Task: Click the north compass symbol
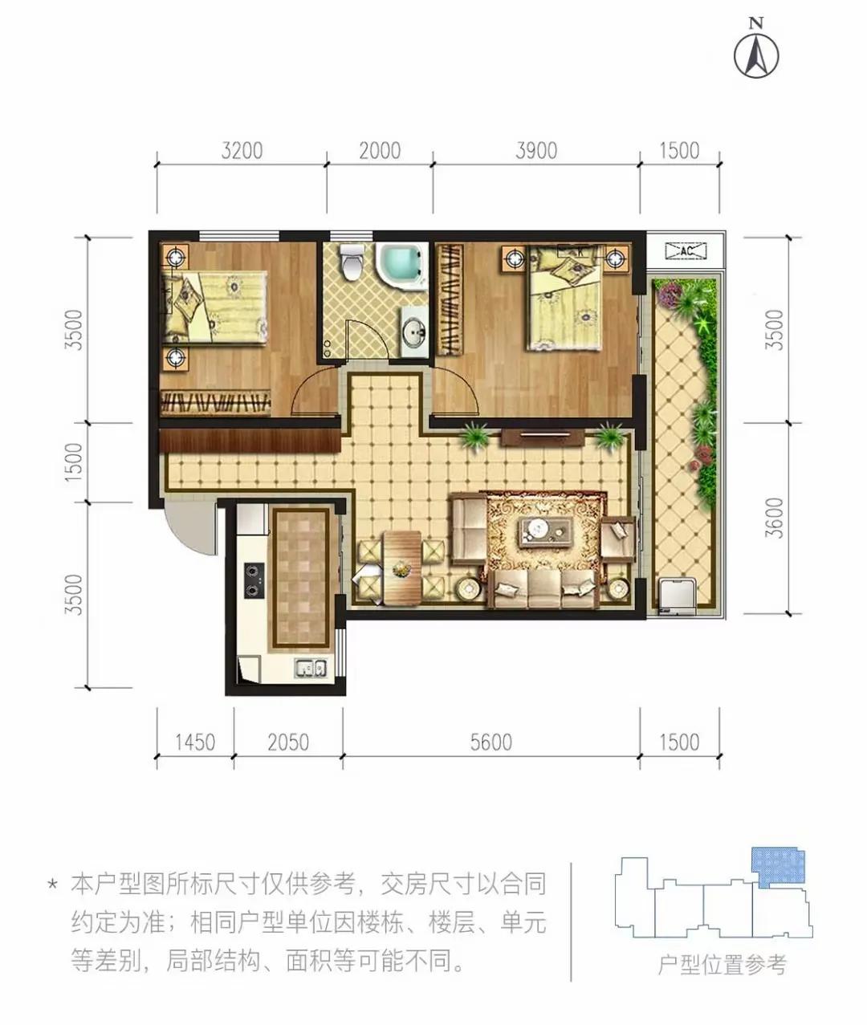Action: pos(756,55)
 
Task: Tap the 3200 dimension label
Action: pos(242,151)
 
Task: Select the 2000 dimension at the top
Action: pos(379,151)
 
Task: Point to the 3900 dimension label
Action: pos(535,151)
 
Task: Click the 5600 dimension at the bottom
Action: pos(490,742)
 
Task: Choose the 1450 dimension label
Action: pos(195,742)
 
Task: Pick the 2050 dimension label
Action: pos(287,742)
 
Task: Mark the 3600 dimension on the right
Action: pos(773,518)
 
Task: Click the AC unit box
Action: pos(686,251)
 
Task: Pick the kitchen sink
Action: pos(309,668)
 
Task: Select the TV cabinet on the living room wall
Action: pos(543,437)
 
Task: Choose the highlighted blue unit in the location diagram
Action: pos(778,868)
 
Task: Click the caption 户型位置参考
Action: pos(722,964)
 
